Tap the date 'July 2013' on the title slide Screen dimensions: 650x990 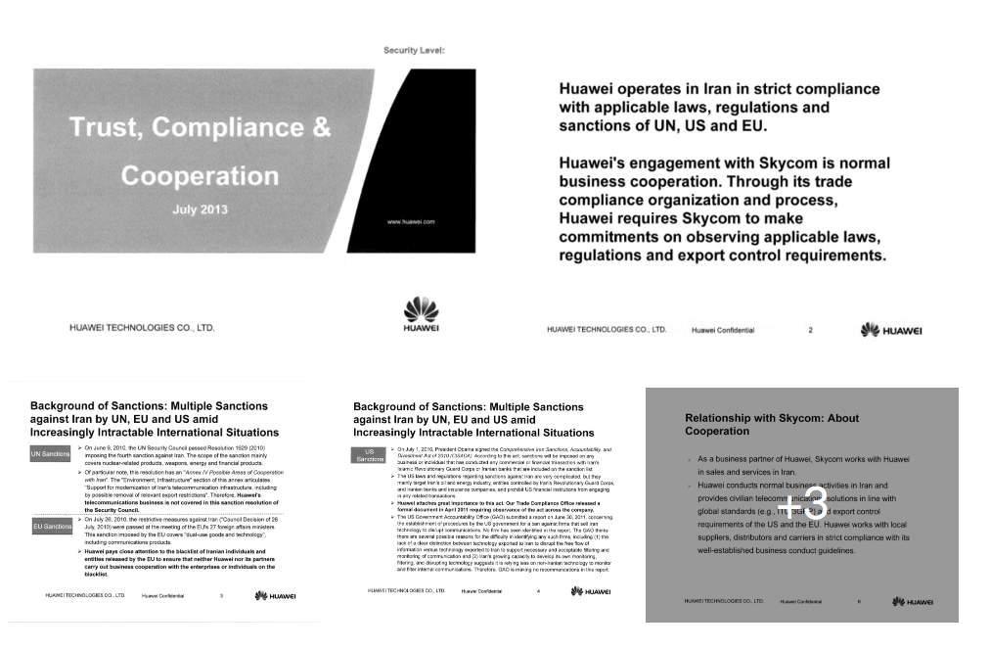(200, 209)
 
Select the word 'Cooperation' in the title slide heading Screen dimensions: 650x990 (200, 176)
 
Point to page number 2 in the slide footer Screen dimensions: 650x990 (810, 330)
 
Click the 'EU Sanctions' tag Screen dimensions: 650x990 (52, 527)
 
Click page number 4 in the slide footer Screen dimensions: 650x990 (538, 591)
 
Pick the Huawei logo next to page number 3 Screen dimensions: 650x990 (275, 595)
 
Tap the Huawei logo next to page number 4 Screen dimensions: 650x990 (590, 591)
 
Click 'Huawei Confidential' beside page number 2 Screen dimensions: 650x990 (723, 330)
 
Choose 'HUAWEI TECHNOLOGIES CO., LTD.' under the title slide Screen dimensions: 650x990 (141, 329)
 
